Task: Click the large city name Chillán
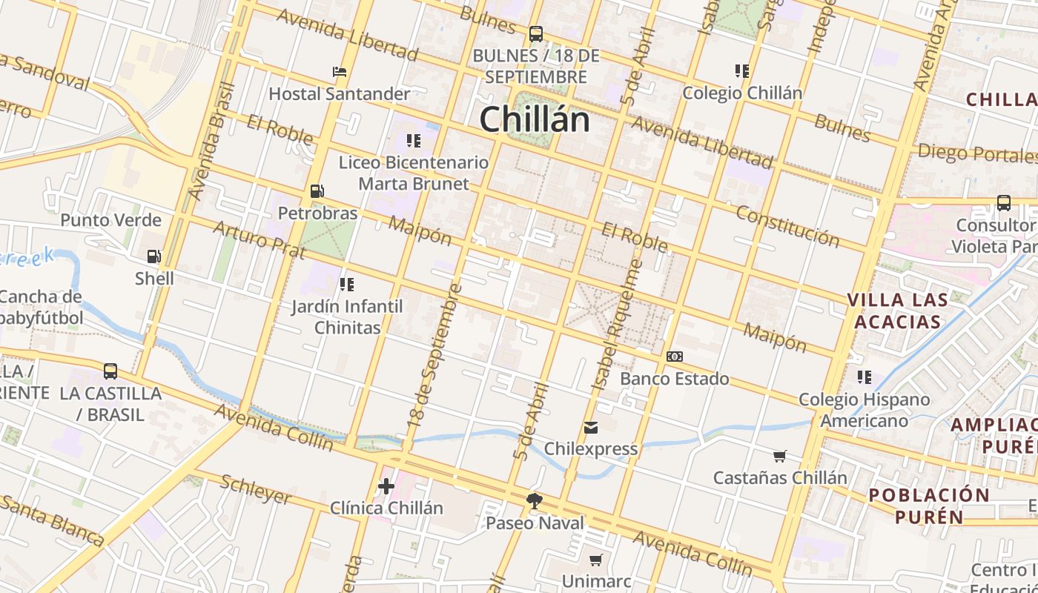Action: point(535,119)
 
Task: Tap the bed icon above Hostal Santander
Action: point(340,72)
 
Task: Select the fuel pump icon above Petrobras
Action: point(317,191)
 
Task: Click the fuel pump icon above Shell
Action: point(154,256)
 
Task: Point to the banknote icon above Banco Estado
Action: point(674,357)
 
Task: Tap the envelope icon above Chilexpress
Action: point(591,427)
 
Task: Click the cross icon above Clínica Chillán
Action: point(386,486)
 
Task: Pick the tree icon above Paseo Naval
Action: point(534,501)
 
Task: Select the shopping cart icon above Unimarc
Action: point(596,560)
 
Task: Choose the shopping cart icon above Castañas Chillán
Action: point(779,456)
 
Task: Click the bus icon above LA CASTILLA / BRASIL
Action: point(110,371)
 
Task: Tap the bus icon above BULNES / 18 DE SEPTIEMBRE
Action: point(535,34)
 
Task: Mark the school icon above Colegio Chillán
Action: point(742,71)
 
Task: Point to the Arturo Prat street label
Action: point(259,239)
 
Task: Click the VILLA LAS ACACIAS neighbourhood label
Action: point(897,311)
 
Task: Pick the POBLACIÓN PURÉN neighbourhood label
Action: point(929,506)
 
